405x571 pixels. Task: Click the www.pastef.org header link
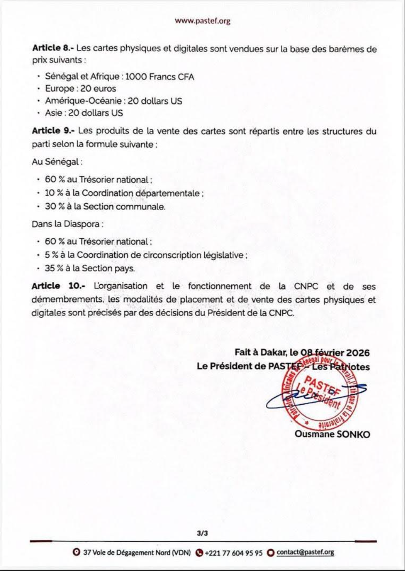tap(202, 21)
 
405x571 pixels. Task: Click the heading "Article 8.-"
tap(53, 48)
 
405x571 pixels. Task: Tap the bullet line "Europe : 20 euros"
tap(80, 88)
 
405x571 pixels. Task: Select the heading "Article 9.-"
tap(53, 131)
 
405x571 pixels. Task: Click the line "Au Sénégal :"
tap(57, 161)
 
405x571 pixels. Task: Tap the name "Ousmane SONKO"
tap(332, 434)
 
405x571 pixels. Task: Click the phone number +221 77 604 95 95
tap(233, 552)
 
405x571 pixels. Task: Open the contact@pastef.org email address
tap(305, 552)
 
